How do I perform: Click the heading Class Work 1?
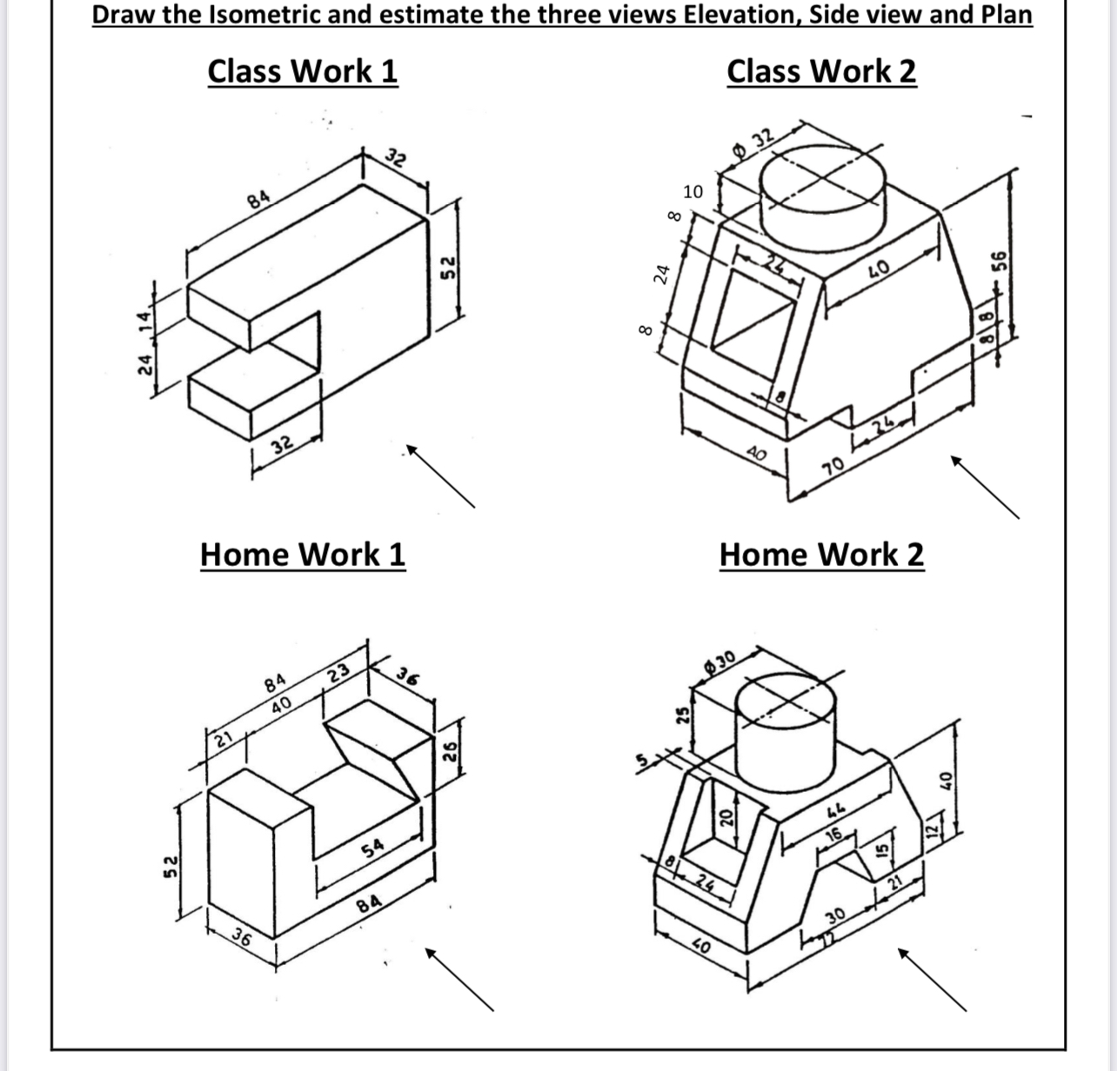point(302,71)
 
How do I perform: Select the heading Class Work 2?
point(821,71)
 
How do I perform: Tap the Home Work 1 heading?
point(302,554)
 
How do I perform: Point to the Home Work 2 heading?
point(821,554)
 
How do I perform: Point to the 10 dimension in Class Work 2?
point(692,191)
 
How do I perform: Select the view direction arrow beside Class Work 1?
point(440,475)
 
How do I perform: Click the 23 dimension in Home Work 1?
point(339,673)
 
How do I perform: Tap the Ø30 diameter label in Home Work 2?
point(721,662)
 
